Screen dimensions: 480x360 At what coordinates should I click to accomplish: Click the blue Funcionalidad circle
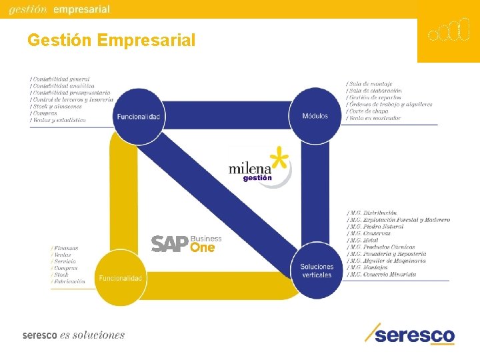[x=139, y=117]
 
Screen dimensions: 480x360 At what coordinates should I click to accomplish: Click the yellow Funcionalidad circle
[x=121, y=277]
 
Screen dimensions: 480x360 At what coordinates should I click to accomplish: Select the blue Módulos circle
[x=315, y=116]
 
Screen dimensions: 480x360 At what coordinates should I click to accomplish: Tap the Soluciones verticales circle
[x=316, y=271]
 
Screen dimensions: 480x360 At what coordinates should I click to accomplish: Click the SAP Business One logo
[x=186, y=244]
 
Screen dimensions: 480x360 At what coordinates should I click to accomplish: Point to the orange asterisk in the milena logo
[x=282, y=161]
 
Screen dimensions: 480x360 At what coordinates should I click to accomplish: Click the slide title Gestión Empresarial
[x=111, y=41]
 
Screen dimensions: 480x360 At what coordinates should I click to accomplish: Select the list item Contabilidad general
[x=61, y=79]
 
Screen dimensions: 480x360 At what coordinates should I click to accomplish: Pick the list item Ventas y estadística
[x=59, y=120]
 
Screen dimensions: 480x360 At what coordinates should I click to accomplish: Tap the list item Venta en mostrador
[x=374, y=118]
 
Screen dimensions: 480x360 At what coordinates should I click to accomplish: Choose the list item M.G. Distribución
[x=374, y=213]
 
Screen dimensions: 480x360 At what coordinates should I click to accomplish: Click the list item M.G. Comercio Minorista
[x=383, y=274]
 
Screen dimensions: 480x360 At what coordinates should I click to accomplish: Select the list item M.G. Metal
[x=363, y=240]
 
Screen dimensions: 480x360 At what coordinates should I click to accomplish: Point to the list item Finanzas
[x=66, y=248]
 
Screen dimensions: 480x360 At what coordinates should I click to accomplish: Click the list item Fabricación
[x=69, y=281]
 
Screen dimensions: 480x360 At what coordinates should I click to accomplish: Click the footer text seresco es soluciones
[x=73, y=335]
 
